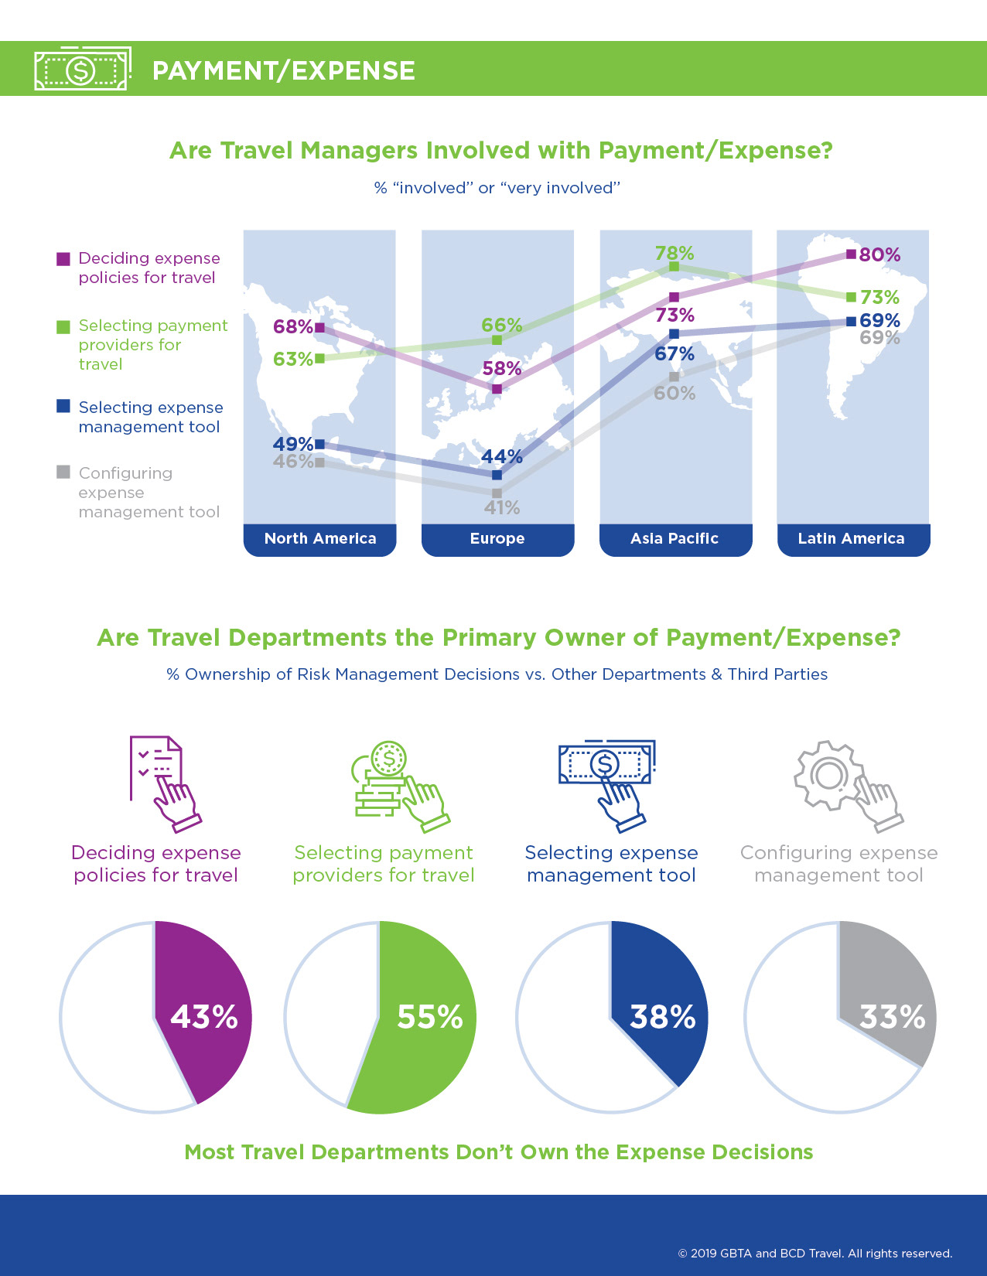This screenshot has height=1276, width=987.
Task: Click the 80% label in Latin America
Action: point(879,255)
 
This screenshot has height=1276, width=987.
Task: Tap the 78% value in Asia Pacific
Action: point(675,254)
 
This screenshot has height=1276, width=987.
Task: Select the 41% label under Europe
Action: point(502,508)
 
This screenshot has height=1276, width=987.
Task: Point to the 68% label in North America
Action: point(292,326)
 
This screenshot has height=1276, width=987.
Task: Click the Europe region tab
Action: point(497,539)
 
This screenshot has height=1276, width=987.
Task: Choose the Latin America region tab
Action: point(852,539)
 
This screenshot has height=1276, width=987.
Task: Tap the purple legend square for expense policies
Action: point(63,258)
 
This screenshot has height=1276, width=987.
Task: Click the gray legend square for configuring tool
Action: point(63,473)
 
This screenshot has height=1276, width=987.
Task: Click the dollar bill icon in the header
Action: point(81,70)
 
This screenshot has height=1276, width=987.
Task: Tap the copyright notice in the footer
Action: point(815,1254)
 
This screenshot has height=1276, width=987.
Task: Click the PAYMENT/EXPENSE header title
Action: point(284,71)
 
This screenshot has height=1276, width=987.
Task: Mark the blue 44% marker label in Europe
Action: point(502,457)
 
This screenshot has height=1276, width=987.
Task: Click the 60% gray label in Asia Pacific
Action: point(675,394)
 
